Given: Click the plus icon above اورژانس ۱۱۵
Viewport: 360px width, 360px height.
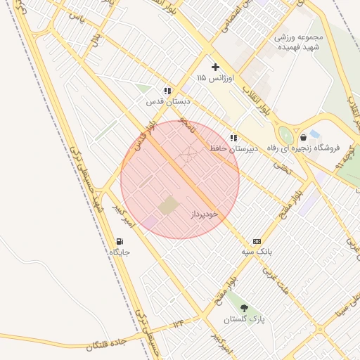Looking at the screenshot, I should pyautogui.click(x=215, y=67).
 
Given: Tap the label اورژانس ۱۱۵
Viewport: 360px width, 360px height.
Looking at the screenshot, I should pyautogui.click(x=215, y=77).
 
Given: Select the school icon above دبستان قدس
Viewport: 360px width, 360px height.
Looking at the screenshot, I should pyautogui.click(x=167, y=91).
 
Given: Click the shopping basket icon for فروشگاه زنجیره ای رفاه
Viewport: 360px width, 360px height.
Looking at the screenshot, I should pyautogui.click(x=303, y=138).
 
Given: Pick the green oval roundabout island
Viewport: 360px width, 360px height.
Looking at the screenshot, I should pyautogui.click(x=285, y=134).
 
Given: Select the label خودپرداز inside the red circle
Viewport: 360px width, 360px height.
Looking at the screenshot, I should pyautogui.click(x=205, y=213).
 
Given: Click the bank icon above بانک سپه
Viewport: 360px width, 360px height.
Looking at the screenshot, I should pyautogui.click(x=257, y=241).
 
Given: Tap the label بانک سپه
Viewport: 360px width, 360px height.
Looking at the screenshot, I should pyautogui.click(x=257, y=251).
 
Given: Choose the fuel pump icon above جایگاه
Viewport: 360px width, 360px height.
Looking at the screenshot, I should pyautogui.click(x=120, y=242).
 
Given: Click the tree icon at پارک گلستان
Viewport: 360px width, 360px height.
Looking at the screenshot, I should pyautogui.click(x=244, y=309).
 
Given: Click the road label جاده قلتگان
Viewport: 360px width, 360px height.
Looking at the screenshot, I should pyautogui.click(x=105, y=344).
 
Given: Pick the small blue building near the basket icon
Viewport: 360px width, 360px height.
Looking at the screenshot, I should pyautogui.click(x=314, y=133).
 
